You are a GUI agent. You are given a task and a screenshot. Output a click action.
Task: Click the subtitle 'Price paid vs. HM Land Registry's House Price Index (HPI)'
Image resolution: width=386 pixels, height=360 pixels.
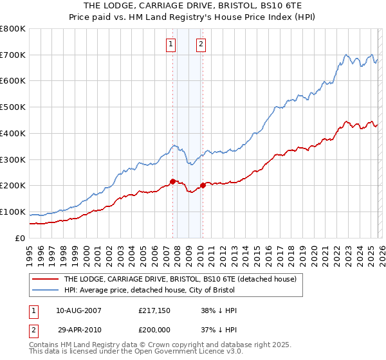pos(193,18)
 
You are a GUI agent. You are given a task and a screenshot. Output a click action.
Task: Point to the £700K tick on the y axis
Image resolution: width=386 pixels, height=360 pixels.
pos(13,55)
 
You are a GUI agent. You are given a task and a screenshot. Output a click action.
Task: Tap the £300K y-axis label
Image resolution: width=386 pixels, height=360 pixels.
pos(13,159)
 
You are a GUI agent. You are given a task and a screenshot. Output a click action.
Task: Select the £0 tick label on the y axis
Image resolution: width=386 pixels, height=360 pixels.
pos(21,238)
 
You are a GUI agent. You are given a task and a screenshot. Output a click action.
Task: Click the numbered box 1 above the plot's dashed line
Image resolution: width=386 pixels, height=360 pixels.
pos(171,44)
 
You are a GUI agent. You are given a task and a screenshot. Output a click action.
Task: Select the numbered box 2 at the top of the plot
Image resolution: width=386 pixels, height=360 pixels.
pos(201,44)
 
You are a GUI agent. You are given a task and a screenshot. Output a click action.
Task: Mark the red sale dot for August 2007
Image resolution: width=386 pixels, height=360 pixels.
pos(172,181)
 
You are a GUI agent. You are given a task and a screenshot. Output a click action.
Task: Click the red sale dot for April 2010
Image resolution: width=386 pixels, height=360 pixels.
pos(203,186)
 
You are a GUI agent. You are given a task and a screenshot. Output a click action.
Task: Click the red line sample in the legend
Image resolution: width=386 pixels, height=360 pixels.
pos(45,280)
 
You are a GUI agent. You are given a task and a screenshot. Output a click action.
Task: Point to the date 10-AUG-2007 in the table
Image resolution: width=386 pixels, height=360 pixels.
pos(78,310)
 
